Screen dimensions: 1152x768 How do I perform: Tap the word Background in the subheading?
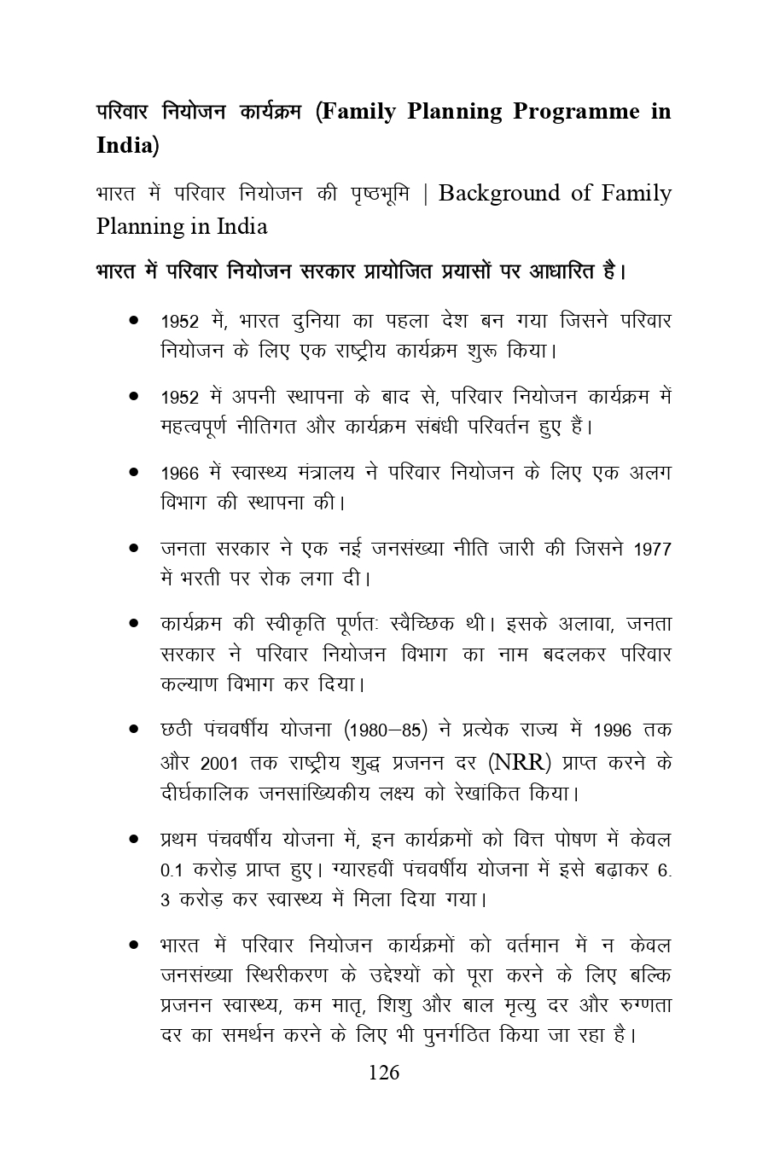[x=500, y=194]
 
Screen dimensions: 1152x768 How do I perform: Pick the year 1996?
[x=612, y=731]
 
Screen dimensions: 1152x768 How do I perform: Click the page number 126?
[x=383, y=1073]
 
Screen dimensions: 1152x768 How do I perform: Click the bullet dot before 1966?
[x=134, y=472]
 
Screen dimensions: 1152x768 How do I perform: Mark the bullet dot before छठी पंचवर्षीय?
[x=134, y=730]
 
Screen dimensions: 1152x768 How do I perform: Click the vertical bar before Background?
[x=426, y=195]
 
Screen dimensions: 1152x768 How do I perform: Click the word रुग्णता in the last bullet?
[x=638, y=1005]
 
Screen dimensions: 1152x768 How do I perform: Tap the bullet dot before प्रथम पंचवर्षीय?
[x=134, y=840]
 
